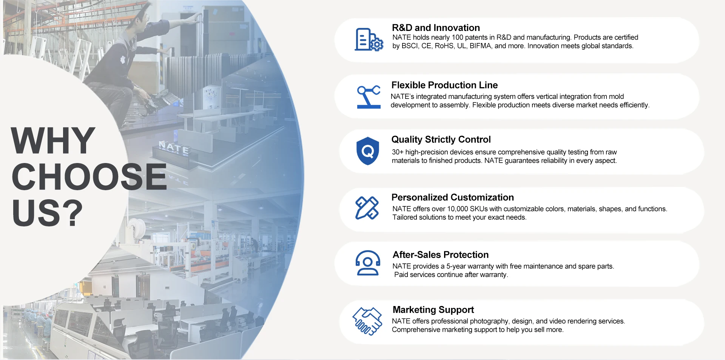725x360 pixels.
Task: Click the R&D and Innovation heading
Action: [436, 28]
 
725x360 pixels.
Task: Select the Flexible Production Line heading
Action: [444, 85]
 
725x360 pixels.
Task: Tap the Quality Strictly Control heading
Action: [441, 140]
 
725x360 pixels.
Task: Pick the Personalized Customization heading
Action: [452, 197]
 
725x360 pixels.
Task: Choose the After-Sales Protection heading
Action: [440, 255]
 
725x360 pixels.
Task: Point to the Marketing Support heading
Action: [433, 310]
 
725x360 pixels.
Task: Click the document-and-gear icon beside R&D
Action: [369, 40]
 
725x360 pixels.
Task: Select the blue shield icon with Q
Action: [367, 151]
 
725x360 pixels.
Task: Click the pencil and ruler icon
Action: [367, 208]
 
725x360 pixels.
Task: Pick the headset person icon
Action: [367, 263]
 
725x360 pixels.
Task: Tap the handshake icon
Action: [367, 321]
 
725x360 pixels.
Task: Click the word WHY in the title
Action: [53, 140]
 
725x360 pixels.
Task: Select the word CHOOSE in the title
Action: [89, 177]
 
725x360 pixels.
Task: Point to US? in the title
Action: [47, 213]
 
